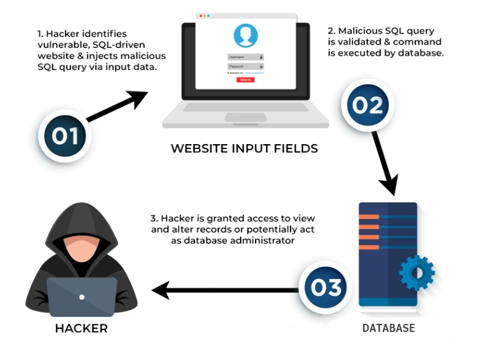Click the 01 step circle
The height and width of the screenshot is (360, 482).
[x=64, y=135]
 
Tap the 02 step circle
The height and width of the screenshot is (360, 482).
[x=367, y=105]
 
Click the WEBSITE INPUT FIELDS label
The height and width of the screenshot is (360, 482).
[x=244, y=148]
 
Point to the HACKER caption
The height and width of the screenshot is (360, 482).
[x=81, y=328]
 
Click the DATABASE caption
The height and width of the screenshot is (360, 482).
[x=388, y=328]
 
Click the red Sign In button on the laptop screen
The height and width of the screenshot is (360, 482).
[x=245, y=80]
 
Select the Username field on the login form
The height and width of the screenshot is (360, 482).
[x=245, y=57]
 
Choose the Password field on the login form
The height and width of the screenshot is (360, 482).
[x=245, y=66]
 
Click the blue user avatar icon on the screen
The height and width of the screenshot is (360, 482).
[x=245, y=36]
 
